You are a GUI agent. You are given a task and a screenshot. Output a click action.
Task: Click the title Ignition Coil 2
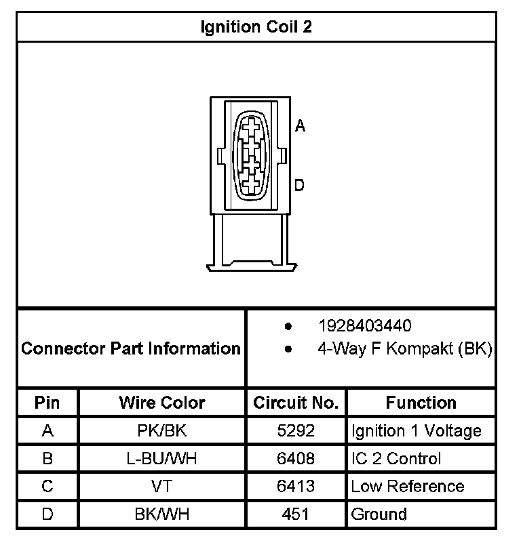257,27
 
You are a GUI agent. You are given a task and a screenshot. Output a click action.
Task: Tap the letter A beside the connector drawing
300,125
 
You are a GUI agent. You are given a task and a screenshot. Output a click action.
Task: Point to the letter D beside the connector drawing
299,185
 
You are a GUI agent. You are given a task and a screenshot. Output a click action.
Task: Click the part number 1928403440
364,326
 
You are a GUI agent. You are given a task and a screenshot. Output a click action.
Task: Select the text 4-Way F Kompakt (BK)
404,349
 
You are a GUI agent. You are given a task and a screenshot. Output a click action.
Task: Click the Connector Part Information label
131,349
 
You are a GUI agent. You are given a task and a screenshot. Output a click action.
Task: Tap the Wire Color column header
161,403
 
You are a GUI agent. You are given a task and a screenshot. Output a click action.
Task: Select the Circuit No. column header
296,403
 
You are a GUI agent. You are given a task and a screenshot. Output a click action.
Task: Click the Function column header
421,403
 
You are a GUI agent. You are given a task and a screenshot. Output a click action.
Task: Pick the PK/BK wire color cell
161,430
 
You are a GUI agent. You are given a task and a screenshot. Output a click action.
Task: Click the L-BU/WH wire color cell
161,459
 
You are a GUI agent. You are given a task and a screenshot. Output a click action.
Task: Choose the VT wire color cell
161,487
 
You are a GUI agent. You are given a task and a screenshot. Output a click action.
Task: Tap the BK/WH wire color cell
161,514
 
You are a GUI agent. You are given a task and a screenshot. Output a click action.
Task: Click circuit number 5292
296,430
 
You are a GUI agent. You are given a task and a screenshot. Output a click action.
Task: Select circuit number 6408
296,459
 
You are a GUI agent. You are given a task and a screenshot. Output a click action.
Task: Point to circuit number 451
296,514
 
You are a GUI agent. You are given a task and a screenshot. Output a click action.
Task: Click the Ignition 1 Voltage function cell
416,430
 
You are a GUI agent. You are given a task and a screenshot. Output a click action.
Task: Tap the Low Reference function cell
407,487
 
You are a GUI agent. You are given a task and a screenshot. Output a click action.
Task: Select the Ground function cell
379,514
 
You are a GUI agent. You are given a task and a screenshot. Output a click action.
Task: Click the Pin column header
47,403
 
